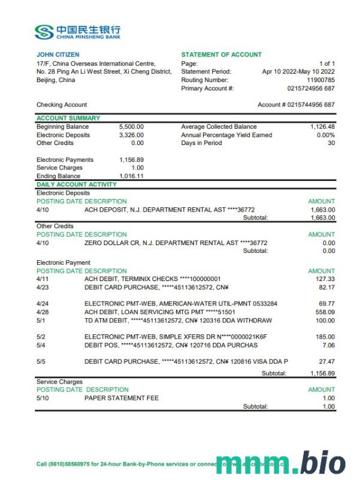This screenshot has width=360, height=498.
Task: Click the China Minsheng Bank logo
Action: click(x=78, y=31)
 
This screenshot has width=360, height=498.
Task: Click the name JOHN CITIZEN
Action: click(x=58, y=55)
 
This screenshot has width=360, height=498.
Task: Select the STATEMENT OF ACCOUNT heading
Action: click(x=221, y=55)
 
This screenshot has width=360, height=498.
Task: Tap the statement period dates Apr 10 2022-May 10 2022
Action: click(x=298, y=72)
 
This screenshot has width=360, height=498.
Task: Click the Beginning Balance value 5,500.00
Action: click(x=131, y=126)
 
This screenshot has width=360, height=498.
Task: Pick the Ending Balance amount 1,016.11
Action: click(x=131, y=177)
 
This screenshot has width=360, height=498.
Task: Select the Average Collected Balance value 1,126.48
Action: click(x=322, y=126)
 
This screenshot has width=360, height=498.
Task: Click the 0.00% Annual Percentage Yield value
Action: click(x=323, y=135)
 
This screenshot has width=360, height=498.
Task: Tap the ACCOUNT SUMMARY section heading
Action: click(x=68, y=118)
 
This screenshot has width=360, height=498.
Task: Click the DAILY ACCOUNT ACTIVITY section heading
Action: click(x=77, y=185)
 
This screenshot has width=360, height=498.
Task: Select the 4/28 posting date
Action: click(x=43, y=312)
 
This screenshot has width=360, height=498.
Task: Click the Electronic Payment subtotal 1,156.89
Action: click(x=322, y=373)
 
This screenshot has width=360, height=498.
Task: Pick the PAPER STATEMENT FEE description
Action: click(x=114, y=398)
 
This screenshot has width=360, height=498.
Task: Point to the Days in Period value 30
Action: click(x=331, y=143)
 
